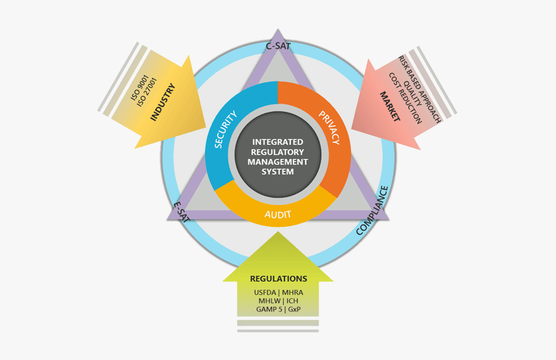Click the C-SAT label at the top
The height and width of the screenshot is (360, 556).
coord(278,46)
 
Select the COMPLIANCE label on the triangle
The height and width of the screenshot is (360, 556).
coord(374,210)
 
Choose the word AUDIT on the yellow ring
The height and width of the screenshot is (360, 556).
coord(278,214)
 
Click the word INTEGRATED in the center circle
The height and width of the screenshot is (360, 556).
coord(277,142)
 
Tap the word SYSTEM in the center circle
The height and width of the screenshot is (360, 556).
coord(277,172)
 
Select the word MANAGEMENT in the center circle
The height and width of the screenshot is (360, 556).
coord(277,162)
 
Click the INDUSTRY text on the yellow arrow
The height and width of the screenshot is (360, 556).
coord(163,101)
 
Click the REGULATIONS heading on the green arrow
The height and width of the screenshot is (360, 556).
coord(278,279)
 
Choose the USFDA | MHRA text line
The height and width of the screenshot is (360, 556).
coord(278,292)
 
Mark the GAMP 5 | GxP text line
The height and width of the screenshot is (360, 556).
coord(278,309)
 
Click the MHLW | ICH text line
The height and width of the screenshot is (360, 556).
coord(278,301)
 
